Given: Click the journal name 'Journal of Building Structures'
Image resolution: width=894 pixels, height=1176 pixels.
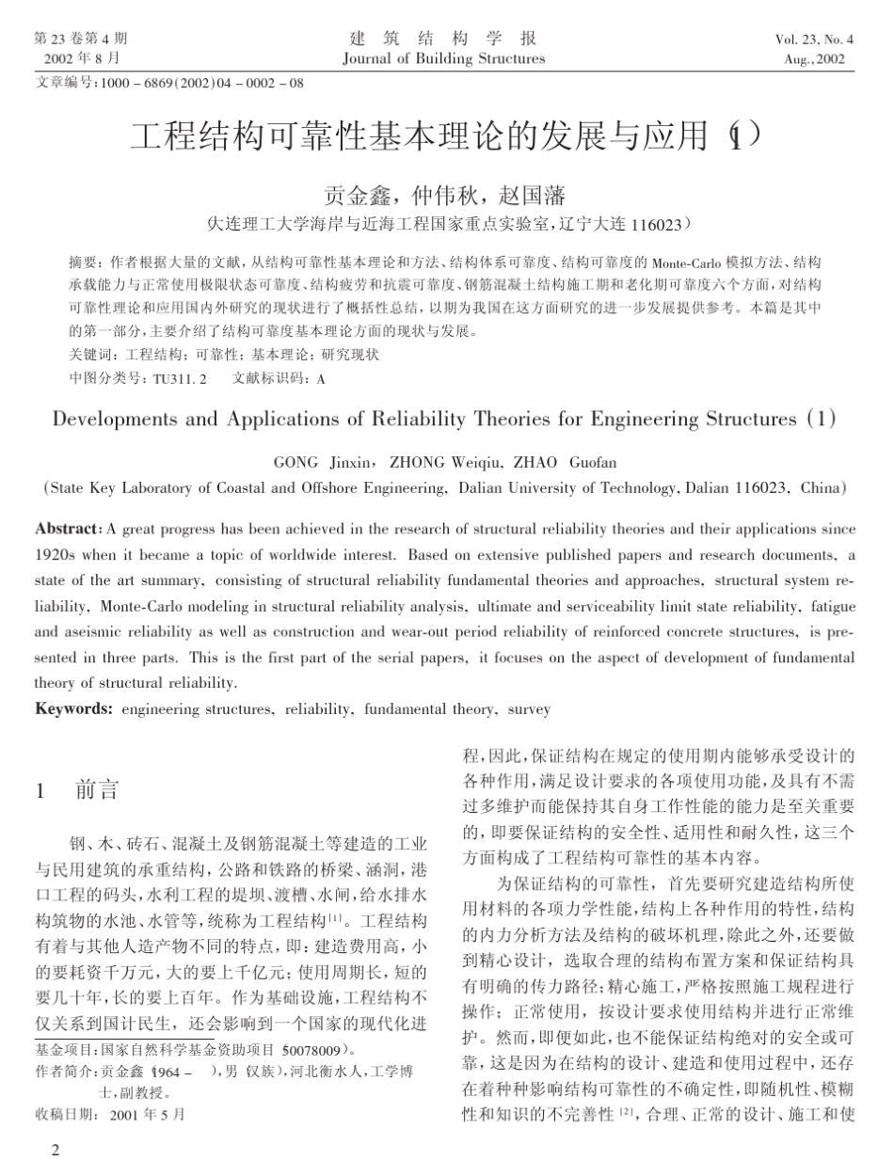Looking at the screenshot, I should (444, 58).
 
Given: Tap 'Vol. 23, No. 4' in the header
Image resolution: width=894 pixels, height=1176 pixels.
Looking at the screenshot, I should (814, 40).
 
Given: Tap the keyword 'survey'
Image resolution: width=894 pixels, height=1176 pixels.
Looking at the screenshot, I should (528, 708).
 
